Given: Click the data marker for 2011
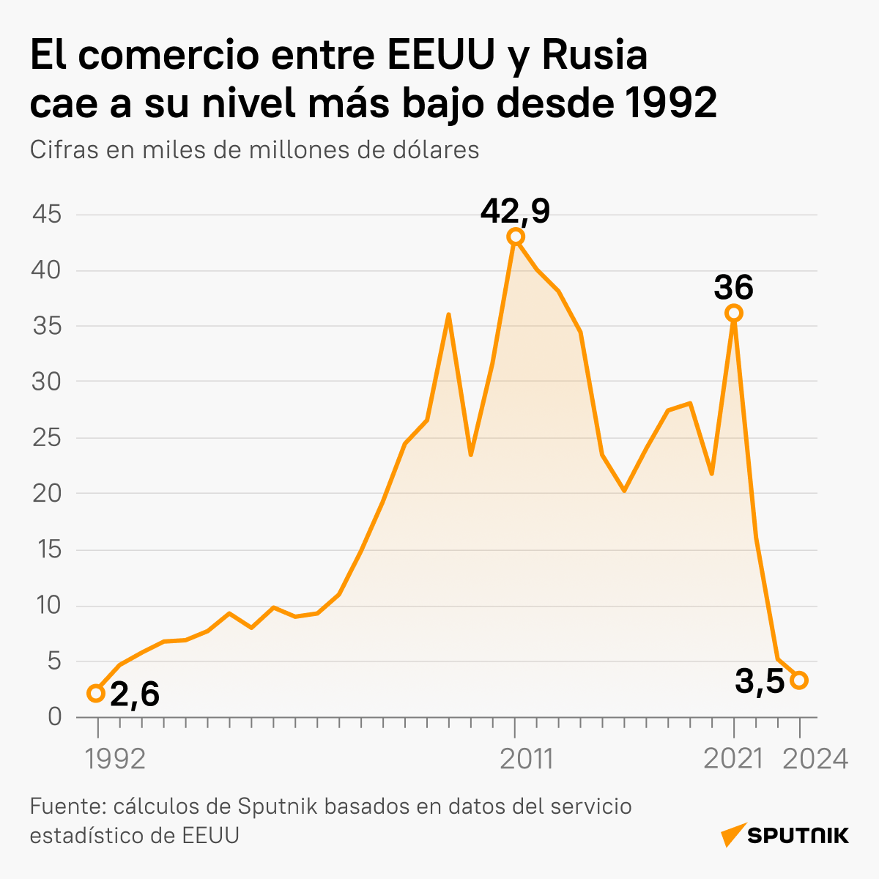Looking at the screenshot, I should point(516,237).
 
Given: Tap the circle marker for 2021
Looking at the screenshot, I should point(734,314).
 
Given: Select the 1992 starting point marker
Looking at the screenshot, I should point(96,694).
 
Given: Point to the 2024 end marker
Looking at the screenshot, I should point(800,680).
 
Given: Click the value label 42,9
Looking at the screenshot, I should point(515,211).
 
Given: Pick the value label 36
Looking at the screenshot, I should point(733,288).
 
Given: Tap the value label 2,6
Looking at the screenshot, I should point(135,694).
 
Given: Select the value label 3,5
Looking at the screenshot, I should point(760,681).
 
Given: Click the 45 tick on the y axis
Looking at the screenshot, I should point(48,215).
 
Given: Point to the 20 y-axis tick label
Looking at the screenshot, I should point(48,494).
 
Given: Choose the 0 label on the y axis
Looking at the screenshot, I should point(55,717).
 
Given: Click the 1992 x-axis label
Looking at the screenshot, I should point(116,759).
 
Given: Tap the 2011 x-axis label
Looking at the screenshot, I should point(526,759).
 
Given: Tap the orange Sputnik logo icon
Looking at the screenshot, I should point(732,835).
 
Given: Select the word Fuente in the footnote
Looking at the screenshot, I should point(68,806).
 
